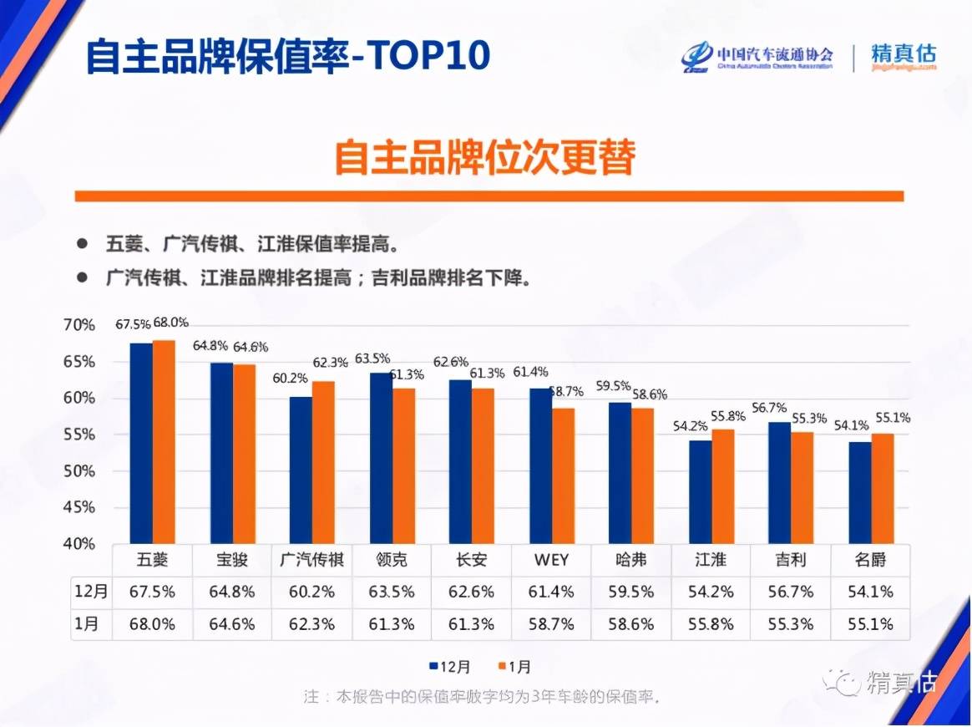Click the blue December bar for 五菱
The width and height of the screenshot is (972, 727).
141,443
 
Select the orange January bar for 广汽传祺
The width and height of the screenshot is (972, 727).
323,462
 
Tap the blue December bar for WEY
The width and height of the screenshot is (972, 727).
540,465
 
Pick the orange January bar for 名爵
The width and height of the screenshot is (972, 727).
882,488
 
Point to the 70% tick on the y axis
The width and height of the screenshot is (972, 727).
79,325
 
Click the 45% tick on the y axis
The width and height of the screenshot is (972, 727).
79,507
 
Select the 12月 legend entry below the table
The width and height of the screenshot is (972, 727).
450,666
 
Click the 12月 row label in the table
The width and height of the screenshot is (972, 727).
90,592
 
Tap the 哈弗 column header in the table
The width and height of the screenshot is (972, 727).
630,559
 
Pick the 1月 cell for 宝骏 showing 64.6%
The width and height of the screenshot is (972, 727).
232,624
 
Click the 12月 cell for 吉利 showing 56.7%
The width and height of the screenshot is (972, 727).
789,592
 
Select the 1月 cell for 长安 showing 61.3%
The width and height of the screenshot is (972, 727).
471,624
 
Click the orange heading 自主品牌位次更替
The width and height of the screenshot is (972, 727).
485,156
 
